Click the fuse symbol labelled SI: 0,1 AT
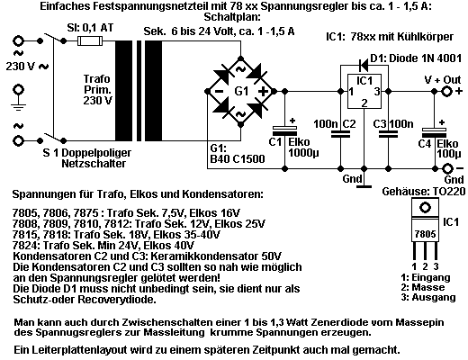[90, 40]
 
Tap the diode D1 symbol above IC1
[364, 64]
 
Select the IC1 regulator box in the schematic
[364, 91]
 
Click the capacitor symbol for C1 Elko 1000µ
[284, 130]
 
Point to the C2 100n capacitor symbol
[340, 134]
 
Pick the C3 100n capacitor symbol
[388, 134]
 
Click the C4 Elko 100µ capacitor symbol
[434, 131]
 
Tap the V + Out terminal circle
[447, 91]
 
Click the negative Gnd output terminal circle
[447, 169]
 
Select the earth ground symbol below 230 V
[19, 97]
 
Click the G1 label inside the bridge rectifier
[241, 91]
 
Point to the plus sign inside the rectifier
[263, 91]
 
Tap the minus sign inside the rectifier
[219, 91]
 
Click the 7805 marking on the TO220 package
[425, 234]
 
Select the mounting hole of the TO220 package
[425, 208]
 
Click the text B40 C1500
[238, 158]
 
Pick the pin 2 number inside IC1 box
[364, 103]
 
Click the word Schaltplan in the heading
[232, 17]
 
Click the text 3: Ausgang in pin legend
[428, 297]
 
